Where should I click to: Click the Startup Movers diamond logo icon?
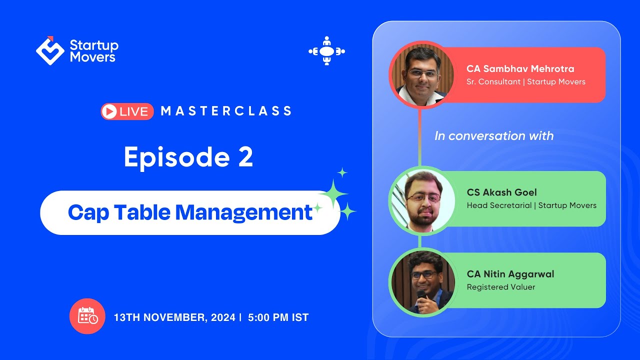pos(50,51)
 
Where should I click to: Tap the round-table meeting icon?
pos(326,51)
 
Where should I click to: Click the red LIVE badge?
pos(127,111)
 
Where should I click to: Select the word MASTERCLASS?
pos(226,111)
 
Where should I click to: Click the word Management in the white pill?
pos(243,212)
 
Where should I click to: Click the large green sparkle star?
pos(333,194)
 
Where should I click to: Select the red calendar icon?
pos(87,316)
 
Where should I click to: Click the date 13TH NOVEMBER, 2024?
pos(174,317)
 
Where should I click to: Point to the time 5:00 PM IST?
pos(278,317)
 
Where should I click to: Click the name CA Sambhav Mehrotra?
pos(520,69)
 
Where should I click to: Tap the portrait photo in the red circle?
pos(421,74)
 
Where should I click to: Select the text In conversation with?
pos(494,136)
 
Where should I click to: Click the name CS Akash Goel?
pos(501,192)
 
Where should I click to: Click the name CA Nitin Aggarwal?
pos(510,274)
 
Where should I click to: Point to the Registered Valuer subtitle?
pos(500,287)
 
